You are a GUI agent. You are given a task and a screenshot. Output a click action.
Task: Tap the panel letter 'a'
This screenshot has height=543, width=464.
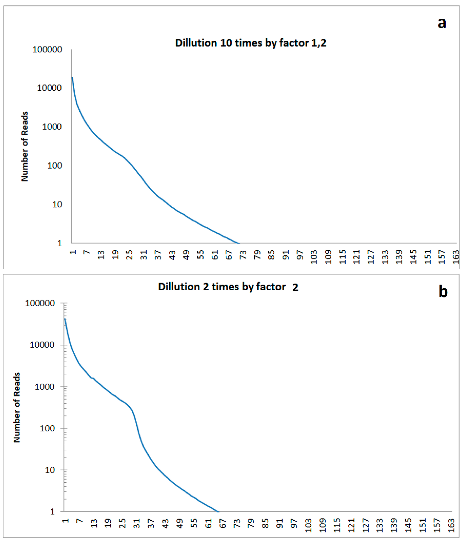click(x=442, y=23)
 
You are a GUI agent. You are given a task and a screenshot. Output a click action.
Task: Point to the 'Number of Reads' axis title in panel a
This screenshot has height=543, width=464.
click(x=25, y=146)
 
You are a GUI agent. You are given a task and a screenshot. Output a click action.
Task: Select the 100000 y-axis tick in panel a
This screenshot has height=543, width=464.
click(x=47, y=49)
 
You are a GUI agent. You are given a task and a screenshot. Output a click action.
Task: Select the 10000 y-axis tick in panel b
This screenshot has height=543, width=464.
click(x=42, y=345)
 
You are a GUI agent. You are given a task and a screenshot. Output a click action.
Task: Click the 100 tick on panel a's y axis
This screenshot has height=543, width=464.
click(x=55, y=166)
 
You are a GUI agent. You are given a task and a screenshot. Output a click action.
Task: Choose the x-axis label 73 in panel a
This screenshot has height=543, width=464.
click(x=243, y=255)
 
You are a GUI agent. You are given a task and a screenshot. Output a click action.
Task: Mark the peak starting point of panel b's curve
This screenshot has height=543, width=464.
click(x=65, y=319)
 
